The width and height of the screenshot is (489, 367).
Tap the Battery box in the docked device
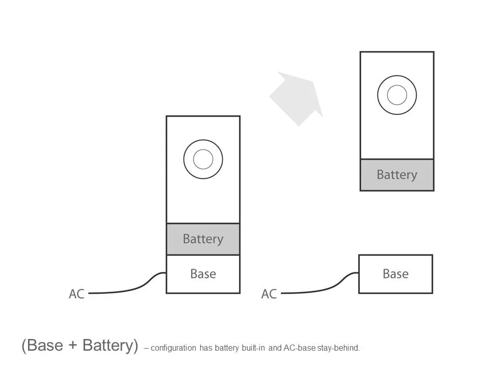click(x=203, y=239)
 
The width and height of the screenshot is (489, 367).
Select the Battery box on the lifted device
click(x=397, y=175)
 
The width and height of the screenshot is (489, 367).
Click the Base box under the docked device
click(x=203, y=274)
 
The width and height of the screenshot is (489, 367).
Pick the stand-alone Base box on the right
click(x=396, y=274)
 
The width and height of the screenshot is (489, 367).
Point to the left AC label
click(x=76, y=294)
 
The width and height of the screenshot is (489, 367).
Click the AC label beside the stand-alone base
click(x=269, y=294)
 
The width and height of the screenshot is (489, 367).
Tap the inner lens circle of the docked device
click(x=203, y=160)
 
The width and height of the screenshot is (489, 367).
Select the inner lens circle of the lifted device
click(x=397, y=95)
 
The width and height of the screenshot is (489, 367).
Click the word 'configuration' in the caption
click(x=173, y=348)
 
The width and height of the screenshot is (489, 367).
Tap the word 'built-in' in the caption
click(x=253, y=348)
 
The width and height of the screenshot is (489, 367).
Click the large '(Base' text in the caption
click(x=42, y=346)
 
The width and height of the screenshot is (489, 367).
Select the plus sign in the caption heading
click(x=74, y=346)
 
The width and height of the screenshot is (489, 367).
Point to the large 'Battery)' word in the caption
click(x=110, y=346)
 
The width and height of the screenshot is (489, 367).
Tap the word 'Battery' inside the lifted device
click(x=397, y=175)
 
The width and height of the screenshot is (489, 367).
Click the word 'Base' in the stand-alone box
click(x=396, y=274)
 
